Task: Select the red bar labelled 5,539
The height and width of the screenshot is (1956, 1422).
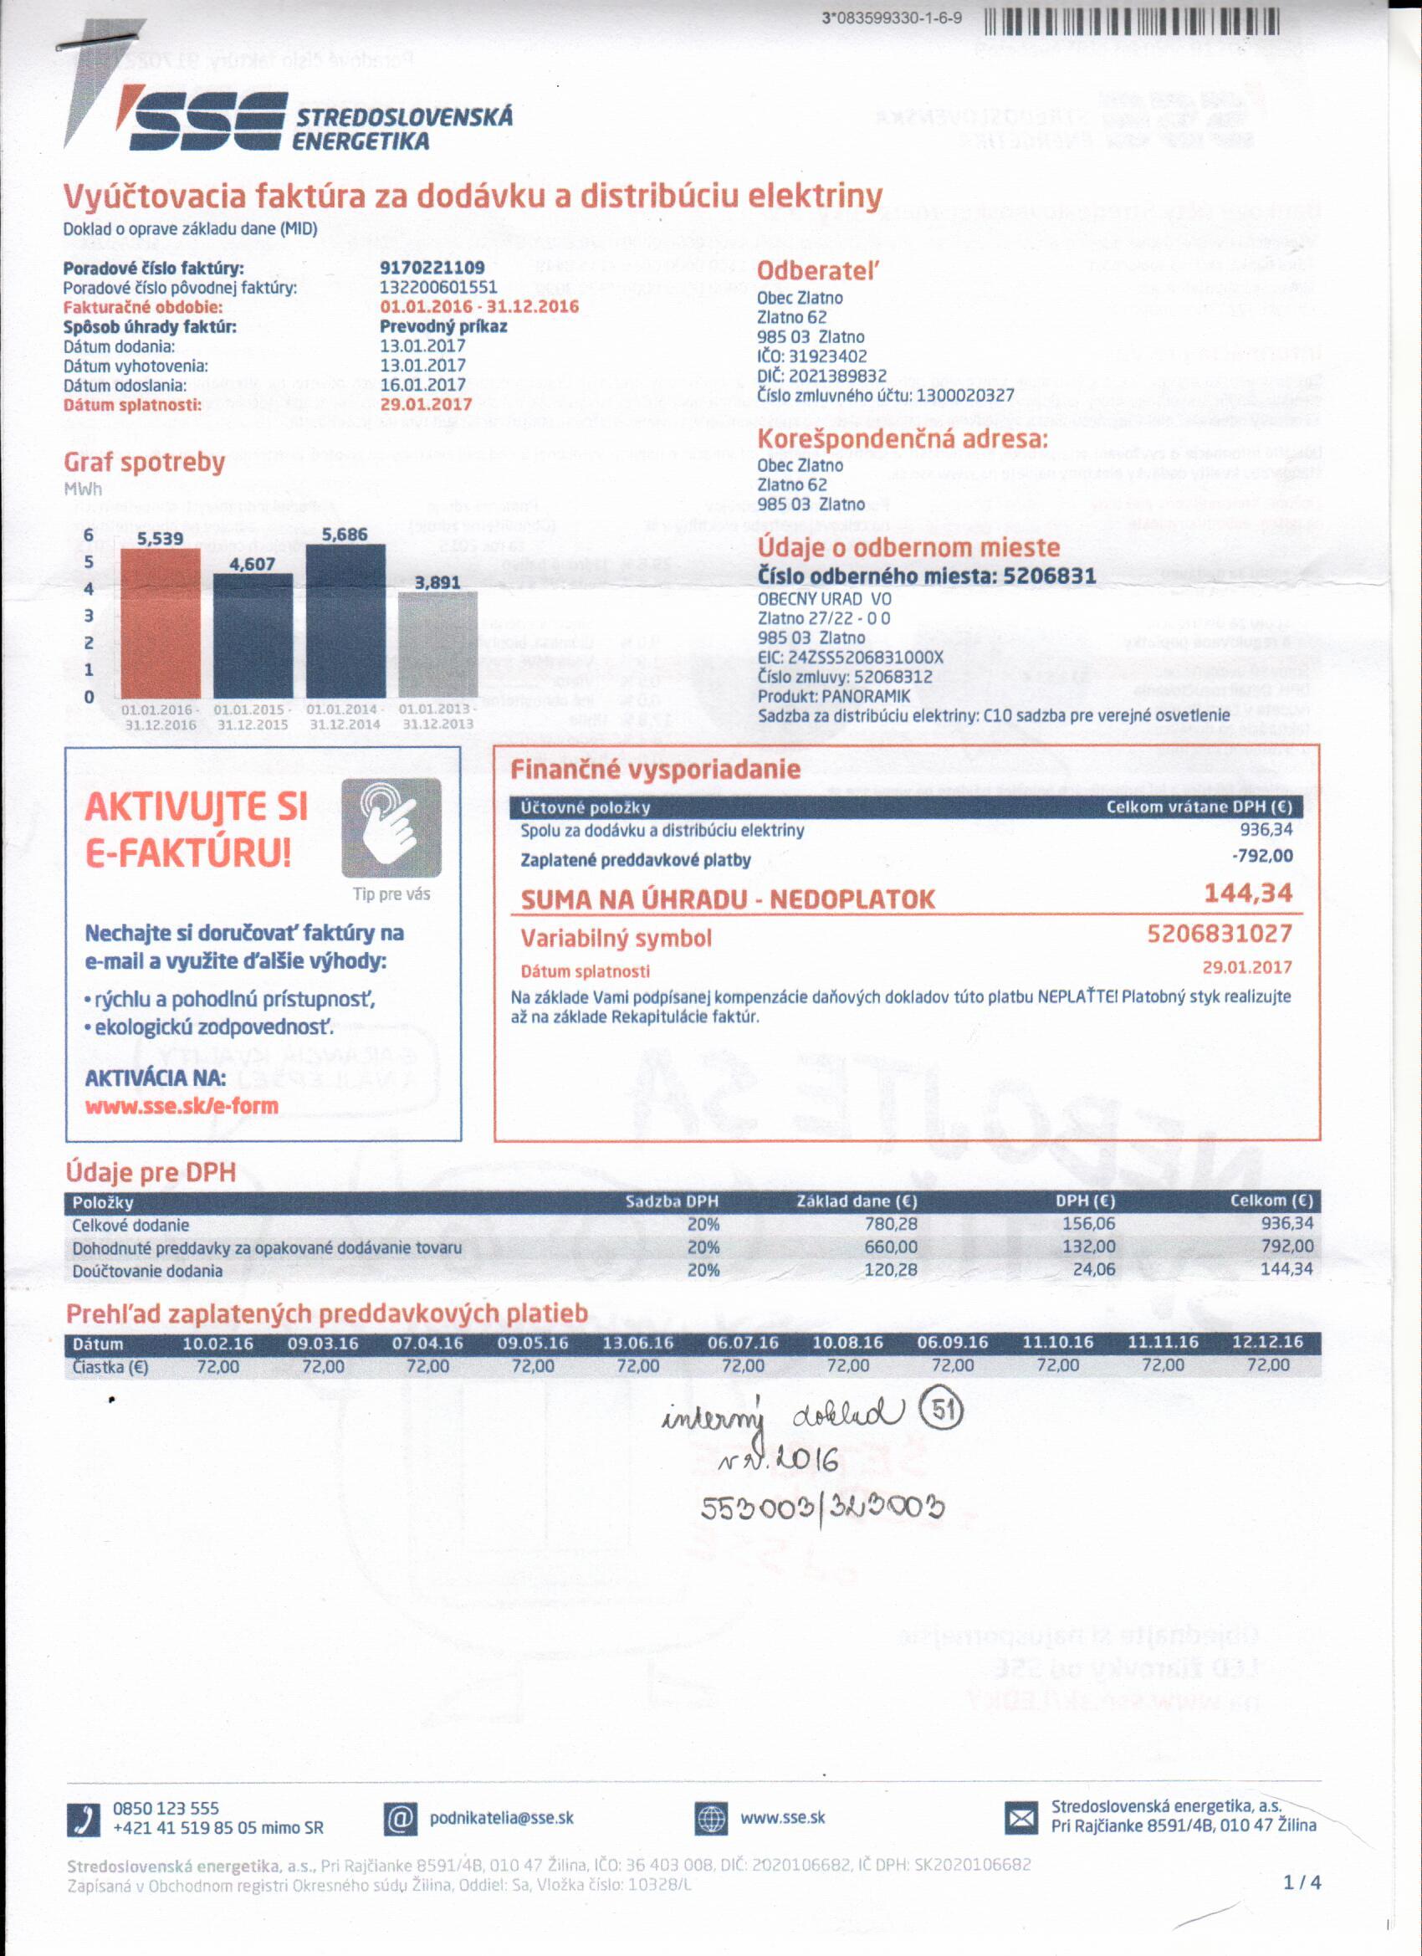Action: [161, 622]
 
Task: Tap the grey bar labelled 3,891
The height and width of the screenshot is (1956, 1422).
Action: [437, 644]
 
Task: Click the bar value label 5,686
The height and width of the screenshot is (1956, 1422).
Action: [344, 535]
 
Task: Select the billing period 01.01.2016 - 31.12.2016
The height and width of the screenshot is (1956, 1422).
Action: [478, 306]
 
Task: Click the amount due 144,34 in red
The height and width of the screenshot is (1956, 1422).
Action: [1248, 894]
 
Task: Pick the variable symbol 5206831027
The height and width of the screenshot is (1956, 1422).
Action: [1219, 934]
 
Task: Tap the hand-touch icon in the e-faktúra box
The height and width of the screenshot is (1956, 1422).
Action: [391, 828]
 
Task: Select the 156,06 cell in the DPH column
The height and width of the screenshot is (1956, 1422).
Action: [1088, 1224]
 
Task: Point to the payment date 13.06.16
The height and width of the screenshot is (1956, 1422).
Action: [637, 1343]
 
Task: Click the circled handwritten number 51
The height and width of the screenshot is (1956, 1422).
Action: [941, 1412]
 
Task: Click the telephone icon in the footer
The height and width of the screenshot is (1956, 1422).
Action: [84, 1820]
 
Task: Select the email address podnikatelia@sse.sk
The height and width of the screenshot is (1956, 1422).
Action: [501, 1818]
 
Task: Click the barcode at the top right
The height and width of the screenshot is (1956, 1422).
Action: [1131, 20]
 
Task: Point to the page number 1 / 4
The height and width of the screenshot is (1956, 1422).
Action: [1302, 1882]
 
